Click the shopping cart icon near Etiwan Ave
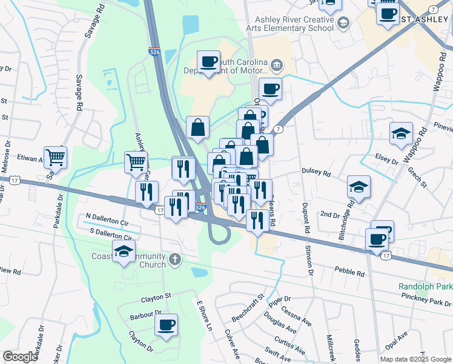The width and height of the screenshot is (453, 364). pos(55,158)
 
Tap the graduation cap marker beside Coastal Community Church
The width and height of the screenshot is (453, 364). pos(124,252)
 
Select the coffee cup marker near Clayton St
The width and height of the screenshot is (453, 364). pos(166,325)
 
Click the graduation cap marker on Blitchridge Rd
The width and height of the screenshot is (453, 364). pos(359,187)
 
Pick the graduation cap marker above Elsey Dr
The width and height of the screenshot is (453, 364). pos(401,134)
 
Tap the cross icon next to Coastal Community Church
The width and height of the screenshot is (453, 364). pos(175,260)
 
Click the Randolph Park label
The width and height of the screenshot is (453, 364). pos(425,286)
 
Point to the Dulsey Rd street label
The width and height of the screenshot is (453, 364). pos(317,173)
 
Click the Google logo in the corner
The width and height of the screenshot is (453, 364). pos(20,357)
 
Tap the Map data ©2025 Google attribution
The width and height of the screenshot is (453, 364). pos(415,359)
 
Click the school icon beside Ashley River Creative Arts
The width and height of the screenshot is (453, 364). pos(343,23)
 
